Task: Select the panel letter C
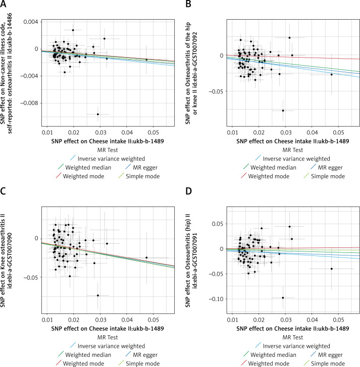(5, 192)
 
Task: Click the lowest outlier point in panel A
(98, 114)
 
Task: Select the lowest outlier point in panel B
(283, 111)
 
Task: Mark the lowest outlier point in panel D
(283, 298)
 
